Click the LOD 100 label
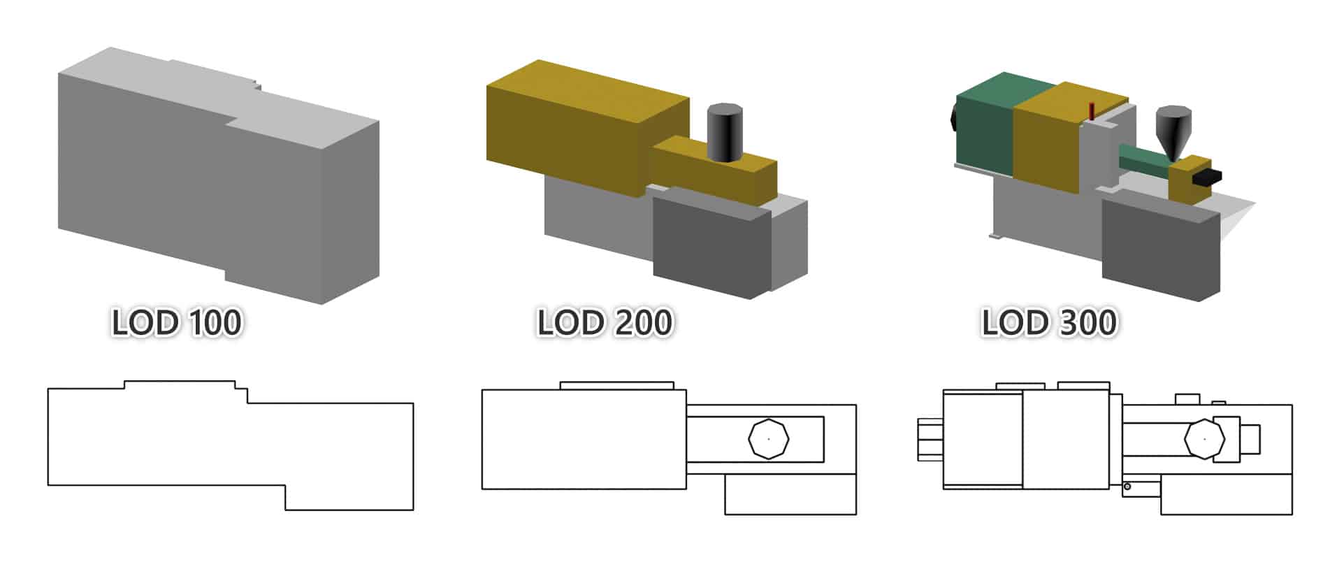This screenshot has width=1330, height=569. (x=177, y=323)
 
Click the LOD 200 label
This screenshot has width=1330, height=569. (x=605, y=323)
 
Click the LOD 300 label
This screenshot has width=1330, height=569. (x=1049, y=323)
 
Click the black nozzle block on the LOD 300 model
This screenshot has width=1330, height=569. (x=1207, y=178)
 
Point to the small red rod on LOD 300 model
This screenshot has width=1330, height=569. (x=1092, y=110)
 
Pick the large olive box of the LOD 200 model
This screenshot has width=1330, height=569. (x=573, y=129)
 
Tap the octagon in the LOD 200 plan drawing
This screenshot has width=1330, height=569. (x=768, y=439)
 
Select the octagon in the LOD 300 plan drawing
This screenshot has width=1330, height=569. (x=1204, y=439)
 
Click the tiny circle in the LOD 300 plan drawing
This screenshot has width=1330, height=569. (x=1127, y=487)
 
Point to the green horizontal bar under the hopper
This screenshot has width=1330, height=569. (x=1143, y=159)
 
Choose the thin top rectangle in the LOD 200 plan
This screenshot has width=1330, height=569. (x=616, y=386)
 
